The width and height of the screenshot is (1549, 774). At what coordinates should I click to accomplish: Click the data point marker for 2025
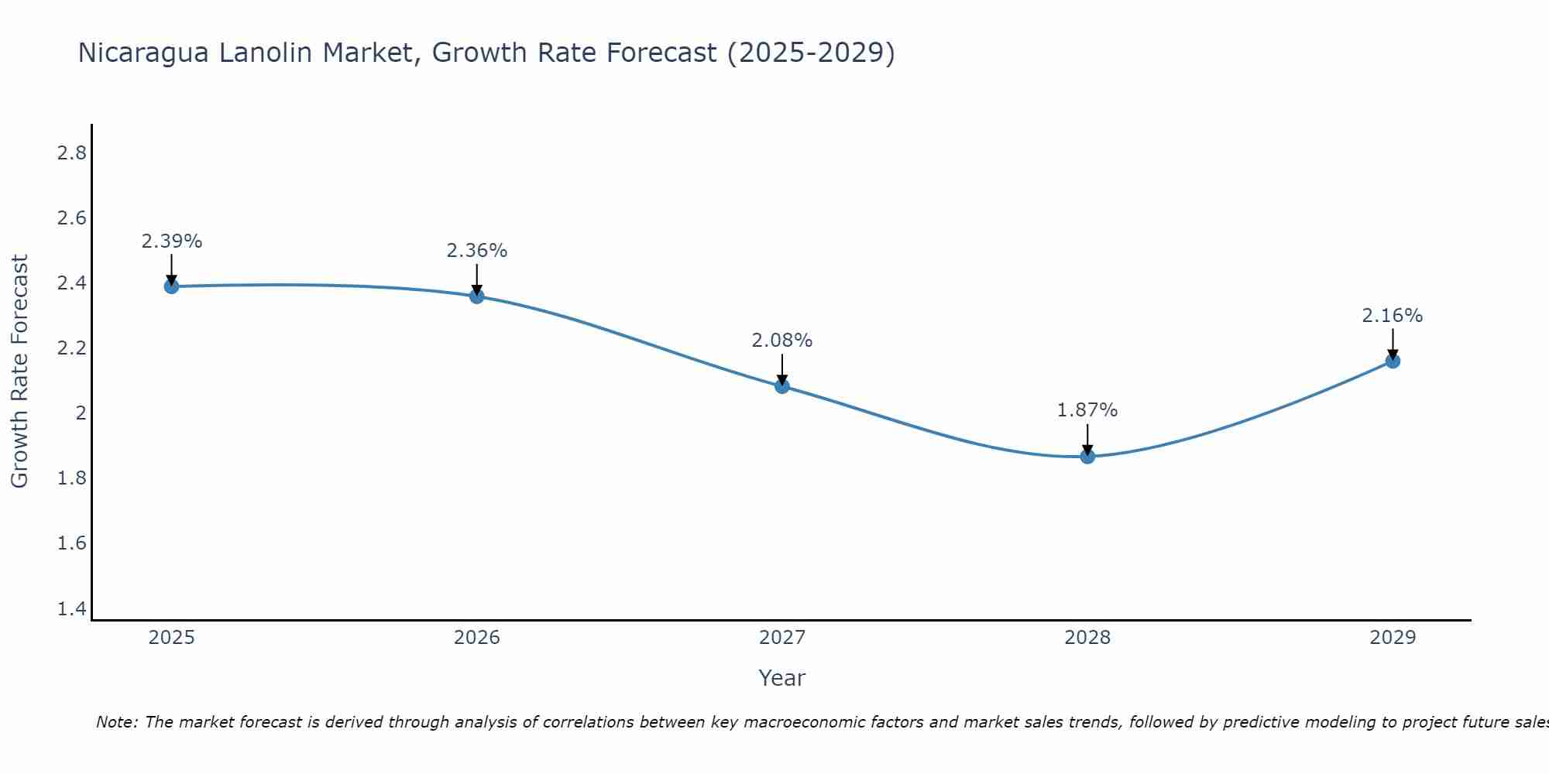coord(171,286)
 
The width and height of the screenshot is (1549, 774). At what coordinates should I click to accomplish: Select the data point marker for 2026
coord(476,296)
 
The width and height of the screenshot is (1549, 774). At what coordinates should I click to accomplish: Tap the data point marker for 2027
coord(782,386)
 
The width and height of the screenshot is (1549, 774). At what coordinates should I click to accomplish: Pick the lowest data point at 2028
coord(1087,457)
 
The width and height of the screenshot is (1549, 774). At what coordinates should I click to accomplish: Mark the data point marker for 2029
coord(1393,361)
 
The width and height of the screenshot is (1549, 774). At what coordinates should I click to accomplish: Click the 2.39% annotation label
coord(171,241)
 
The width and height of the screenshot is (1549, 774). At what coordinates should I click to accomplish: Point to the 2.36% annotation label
coord(476,251)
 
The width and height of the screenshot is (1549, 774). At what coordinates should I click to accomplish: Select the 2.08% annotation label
coord(782,341)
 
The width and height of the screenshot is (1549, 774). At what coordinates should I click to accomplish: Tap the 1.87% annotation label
coord(1087,410)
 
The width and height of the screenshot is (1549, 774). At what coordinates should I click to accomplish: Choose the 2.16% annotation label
coord(1393,316)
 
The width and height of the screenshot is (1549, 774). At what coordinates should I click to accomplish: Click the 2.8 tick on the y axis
coord(71,153)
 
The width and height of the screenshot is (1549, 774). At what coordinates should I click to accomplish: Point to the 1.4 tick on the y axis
coord(71,609)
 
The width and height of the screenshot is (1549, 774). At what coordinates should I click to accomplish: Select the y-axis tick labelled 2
coord(80,413)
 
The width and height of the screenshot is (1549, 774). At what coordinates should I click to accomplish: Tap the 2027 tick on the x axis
coord(782,638)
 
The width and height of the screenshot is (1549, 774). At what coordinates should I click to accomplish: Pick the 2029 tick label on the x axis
coord(1393,638)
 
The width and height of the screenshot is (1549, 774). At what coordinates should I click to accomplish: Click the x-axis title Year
coord(782,678)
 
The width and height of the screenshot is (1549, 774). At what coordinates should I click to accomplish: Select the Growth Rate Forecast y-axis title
coord(19,372)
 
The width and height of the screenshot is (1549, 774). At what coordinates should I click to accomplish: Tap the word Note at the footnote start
coord(116,722)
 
